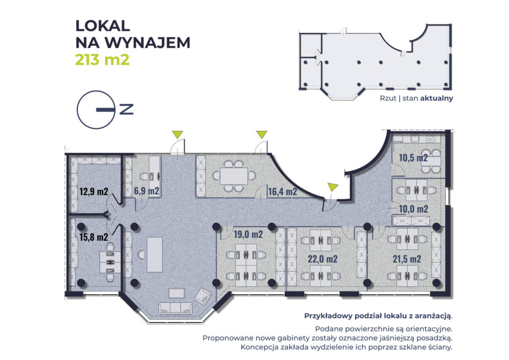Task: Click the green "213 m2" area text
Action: [102, 60]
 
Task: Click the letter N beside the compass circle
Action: [127, 109]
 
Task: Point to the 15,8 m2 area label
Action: [93, 237]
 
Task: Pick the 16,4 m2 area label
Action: [282, 191]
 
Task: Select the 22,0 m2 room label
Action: [323, 259]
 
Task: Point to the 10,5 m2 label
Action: [414, 158]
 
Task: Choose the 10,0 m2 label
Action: [413, 208]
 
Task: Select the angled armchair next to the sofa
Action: [203, 296]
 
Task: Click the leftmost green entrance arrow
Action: [177, 135]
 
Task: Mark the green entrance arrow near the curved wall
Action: [333, 187]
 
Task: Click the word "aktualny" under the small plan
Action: [436, 98]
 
